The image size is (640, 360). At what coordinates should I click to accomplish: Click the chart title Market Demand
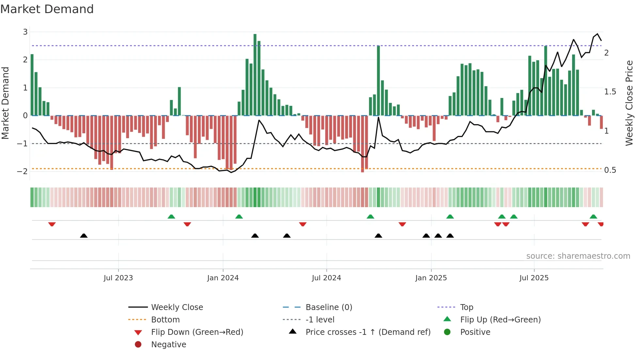(x=47, y=9)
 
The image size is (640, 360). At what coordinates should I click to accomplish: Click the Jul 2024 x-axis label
(x=326, y=278)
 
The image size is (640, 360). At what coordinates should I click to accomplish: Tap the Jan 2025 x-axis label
(x=431, y=278)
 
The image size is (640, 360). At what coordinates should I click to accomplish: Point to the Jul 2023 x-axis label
(x=118, y=278)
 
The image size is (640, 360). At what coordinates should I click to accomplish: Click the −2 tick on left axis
(x=22, y=172)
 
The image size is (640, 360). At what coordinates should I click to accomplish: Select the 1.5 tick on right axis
(x=610, y=92)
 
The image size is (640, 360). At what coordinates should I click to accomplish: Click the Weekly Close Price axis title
(x=629, y=103)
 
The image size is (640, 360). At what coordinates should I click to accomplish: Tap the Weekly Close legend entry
(x=177, y=307)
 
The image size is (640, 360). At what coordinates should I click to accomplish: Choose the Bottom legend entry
(x=165, y=320)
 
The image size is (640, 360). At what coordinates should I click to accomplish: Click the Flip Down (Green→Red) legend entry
(x=197, y=332)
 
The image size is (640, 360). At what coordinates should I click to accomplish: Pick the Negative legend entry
(x=168, y=345)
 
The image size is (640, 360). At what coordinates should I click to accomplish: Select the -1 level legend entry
(x=320, y=320)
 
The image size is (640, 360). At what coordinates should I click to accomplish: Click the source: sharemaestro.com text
(x=578, y=256)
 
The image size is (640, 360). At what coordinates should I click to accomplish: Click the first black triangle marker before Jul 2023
(x=84, y=236)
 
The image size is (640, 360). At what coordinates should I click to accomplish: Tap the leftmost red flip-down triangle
(x=52, y=224)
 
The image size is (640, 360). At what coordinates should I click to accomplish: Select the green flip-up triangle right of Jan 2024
(x=239, y=217)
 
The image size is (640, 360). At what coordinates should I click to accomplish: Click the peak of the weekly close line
(x=598, y=34)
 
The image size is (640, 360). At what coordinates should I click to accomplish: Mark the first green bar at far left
(x=32, y=85)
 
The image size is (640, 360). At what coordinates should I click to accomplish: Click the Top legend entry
(x=467, y=307)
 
